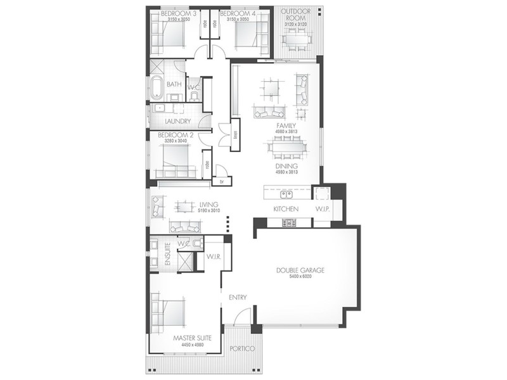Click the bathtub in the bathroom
[156, 87]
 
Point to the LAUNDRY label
[177, 122]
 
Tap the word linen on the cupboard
[234, 135]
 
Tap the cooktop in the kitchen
[288, 222]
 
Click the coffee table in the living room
[184, 206]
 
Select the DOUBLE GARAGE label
[300, 270]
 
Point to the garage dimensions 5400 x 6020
[300, 277]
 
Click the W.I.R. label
[213, 256]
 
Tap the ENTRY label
[238, 298]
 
